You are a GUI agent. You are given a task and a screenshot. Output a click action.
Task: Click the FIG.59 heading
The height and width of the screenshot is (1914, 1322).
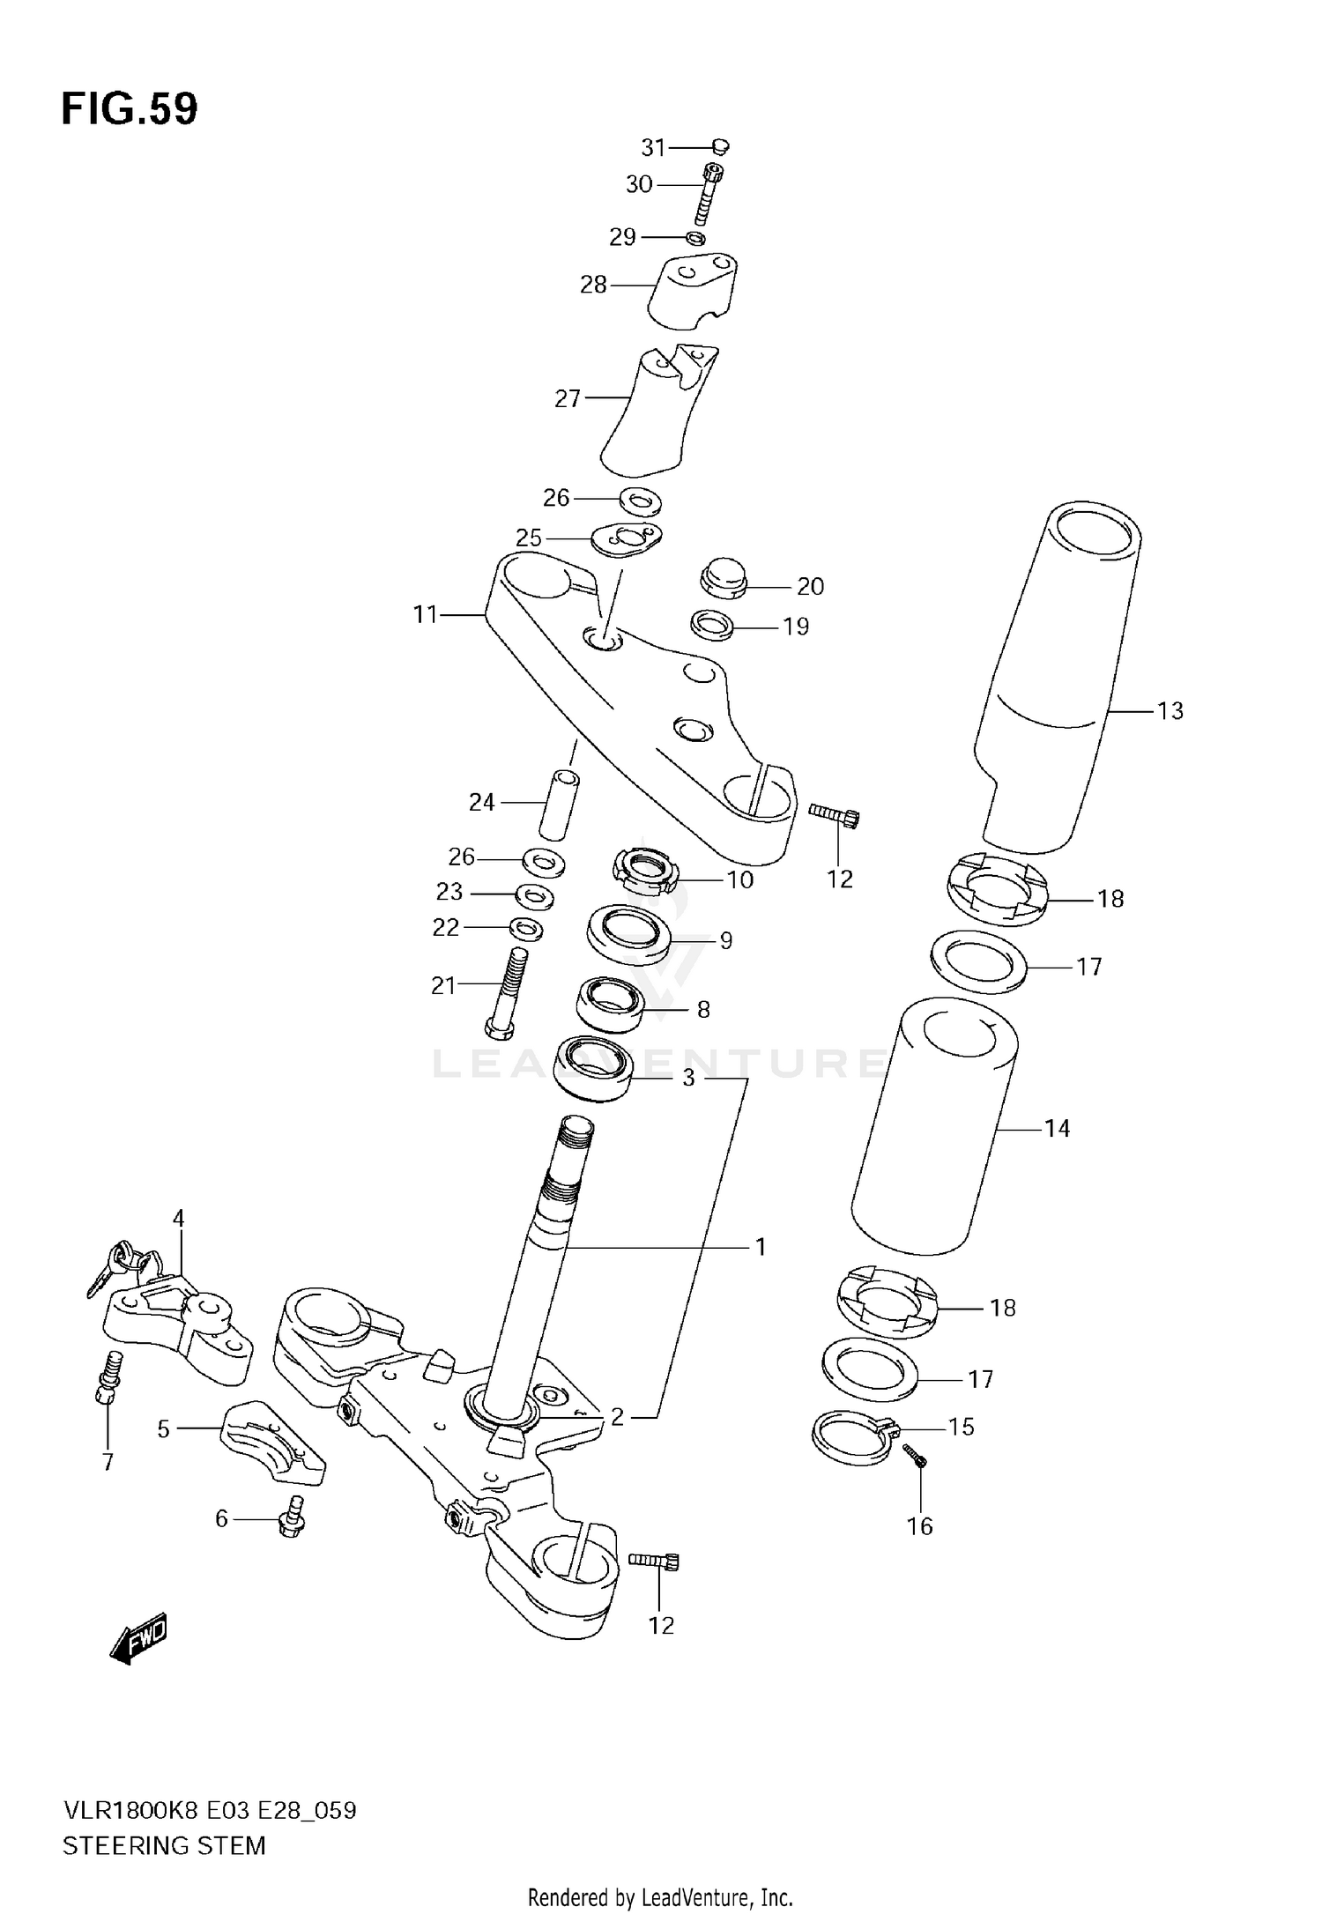(130, 109)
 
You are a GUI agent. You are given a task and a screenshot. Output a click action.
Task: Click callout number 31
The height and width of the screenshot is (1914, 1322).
(653, 147)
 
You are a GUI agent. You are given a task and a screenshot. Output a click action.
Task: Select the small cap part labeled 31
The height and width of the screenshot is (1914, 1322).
(720, 146)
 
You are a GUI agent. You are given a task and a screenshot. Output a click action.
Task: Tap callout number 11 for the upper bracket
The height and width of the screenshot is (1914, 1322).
(425, 614)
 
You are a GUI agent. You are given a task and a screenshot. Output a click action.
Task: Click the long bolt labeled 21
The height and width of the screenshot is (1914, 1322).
(508, 992)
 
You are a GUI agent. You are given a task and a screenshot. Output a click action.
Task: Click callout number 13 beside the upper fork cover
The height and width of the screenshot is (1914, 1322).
(1170, 710)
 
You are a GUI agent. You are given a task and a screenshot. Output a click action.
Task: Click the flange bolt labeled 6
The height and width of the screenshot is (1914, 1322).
(293, 1517)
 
